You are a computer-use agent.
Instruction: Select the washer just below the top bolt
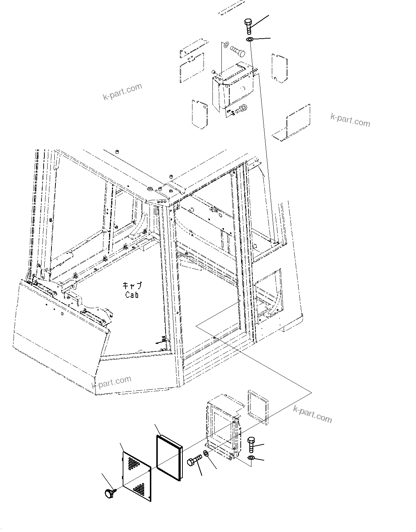coord(250,39)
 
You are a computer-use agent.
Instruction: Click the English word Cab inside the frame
coord(132,295)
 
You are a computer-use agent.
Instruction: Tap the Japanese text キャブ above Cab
coord(132,286)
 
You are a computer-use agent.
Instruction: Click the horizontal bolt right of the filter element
coord(195,460)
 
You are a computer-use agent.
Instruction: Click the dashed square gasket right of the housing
coord(258,407)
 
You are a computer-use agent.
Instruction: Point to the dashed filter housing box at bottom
coord(224,425)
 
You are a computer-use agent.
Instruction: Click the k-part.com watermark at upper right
coord(350,120)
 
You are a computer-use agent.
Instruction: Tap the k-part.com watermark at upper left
coord(122,92)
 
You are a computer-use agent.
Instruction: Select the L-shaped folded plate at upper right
coord(292,124)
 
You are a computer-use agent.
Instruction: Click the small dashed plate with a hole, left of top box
coord(200,113)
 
